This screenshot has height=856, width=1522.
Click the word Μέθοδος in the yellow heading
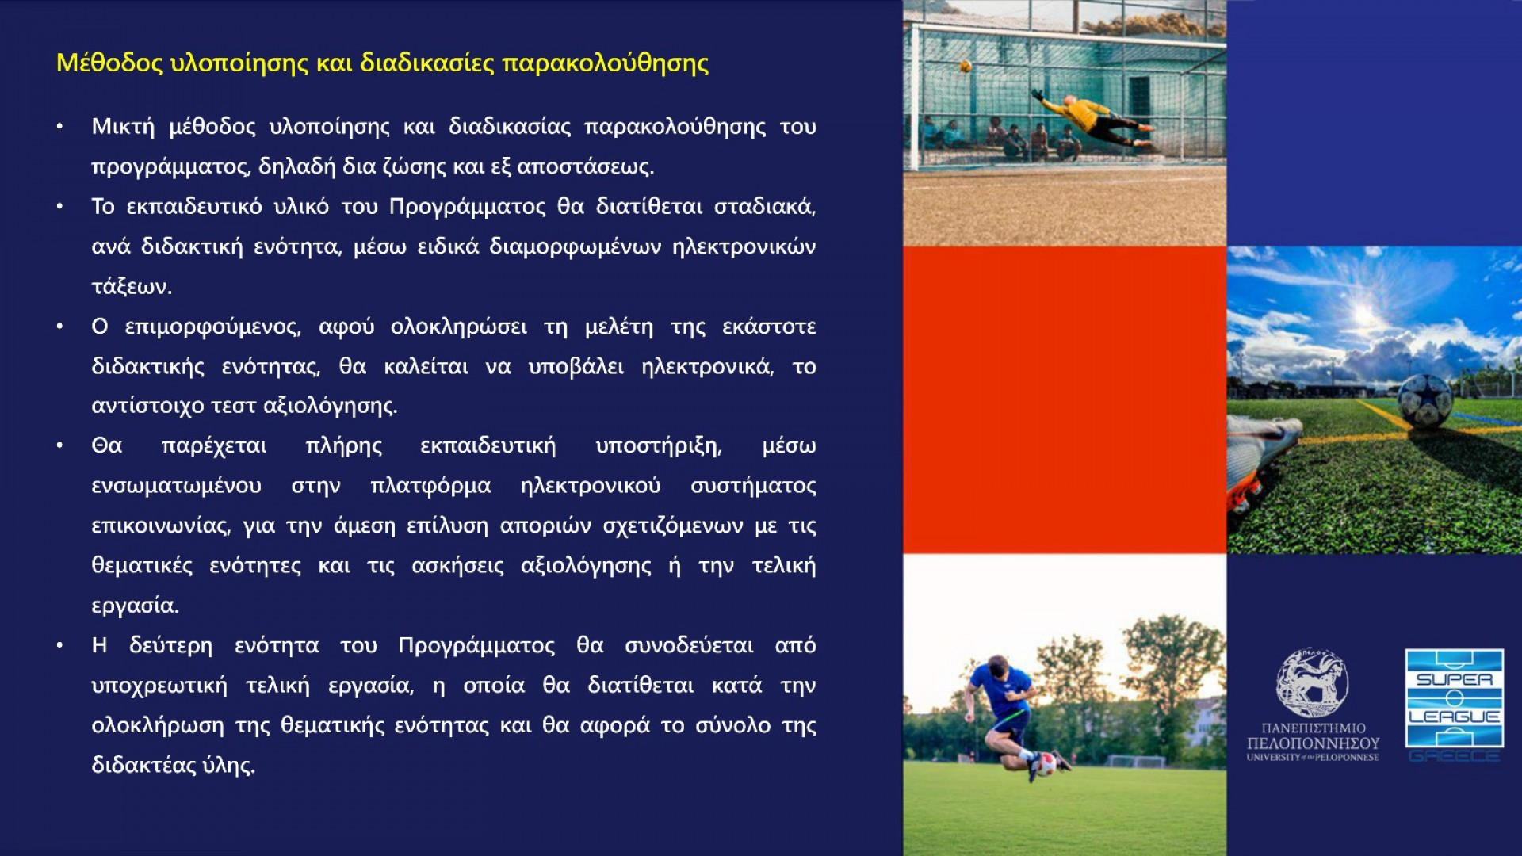tap(109, 63)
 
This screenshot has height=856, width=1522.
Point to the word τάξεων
tap(132, 287)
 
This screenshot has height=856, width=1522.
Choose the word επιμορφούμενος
tap(212, 327)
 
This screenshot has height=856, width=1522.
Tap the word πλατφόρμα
tap(430, 486)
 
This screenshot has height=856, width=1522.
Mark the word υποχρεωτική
tap(159, 686)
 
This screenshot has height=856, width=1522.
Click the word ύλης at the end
tap(228, 766)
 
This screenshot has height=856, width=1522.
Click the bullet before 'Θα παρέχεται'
tap(59, 446)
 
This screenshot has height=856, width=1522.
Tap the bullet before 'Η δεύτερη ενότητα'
tap(59, 646)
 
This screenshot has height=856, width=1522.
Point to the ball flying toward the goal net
tap(966, 67)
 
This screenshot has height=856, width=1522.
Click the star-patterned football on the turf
tap(1424, 400)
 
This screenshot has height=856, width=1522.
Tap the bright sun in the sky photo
tap(1365, 315)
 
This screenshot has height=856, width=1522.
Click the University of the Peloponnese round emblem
tap(1312, 684)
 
